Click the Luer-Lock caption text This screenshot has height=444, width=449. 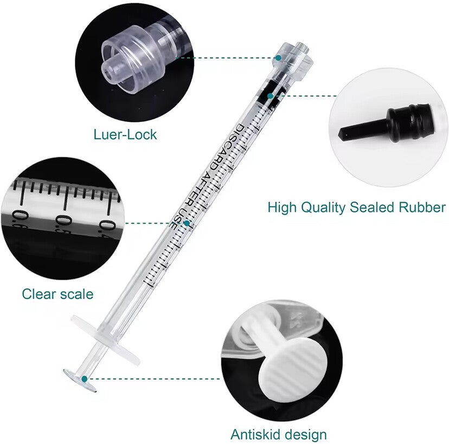[x=125, y=134]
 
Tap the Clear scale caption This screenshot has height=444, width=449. [x=57, y=294]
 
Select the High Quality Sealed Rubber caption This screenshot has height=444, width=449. [x=357, y=207]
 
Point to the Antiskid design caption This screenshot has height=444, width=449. [x=279, y=434]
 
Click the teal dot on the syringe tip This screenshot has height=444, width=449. [x=278, y=58]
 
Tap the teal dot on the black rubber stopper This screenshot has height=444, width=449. [x=270, y=96]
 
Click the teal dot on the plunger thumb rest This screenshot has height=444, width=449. [x=84, y=379]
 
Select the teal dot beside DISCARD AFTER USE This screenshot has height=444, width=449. [x=187, y=223]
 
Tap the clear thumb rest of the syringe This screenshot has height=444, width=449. [x=80, y=380]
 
